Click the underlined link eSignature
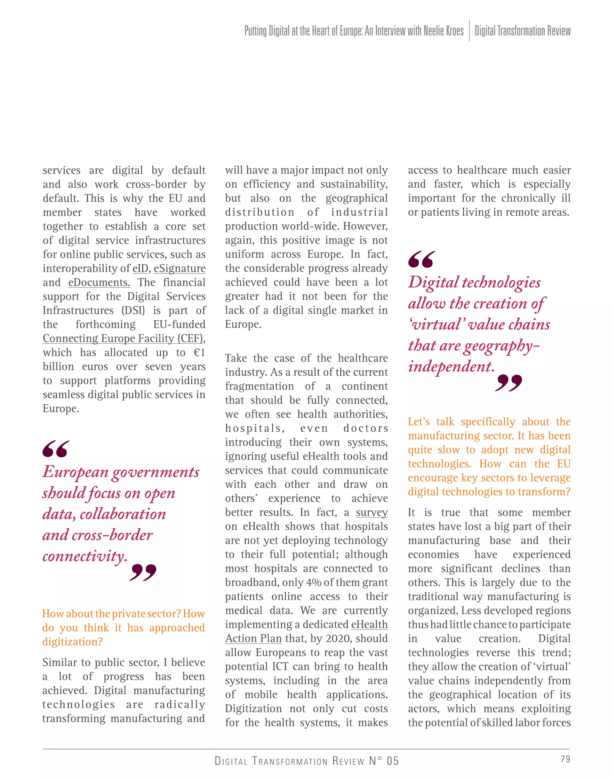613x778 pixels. click(180, 268)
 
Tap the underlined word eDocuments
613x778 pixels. click(99, 282)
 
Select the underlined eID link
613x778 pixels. click(140, 268)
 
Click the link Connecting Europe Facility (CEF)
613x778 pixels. click(123, 338)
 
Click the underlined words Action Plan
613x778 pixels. click(254, 639)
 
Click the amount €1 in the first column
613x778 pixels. click(199, 353)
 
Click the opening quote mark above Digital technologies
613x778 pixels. click(421, 259)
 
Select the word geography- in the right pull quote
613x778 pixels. click(501, 346)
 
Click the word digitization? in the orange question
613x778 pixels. click(72, 642)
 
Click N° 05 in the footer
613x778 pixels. click(384, 761)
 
